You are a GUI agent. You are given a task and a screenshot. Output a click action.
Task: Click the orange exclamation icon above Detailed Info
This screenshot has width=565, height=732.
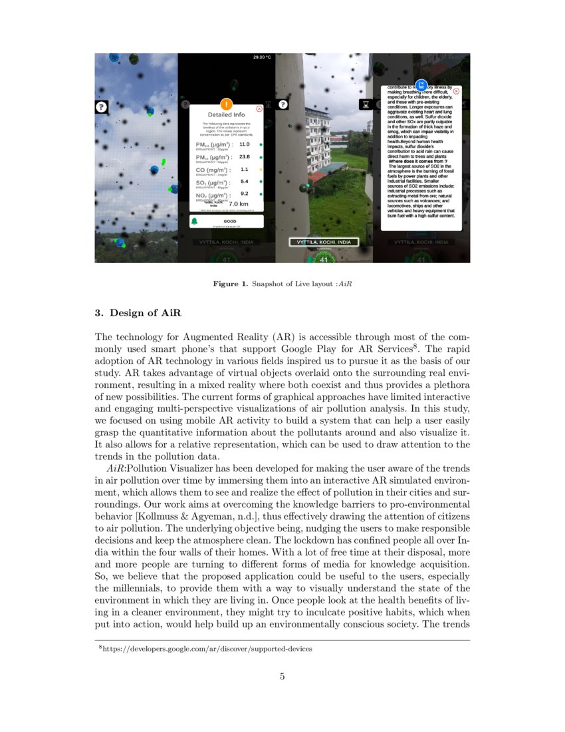pyautogui.click(x=226, y=103)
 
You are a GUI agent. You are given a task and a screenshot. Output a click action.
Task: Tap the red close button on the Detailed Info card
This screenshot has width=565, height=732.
pyautogui.click(x=259, y=108)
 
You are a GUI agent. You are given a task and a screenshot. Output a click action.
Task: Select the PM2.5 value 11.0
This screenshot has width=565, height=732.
pyautogui.click(x=244, y=144)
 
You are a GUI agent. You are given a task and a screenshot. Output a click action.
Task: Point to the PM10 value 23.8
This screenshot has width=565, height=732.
pyautogui.click(x=244, y=157)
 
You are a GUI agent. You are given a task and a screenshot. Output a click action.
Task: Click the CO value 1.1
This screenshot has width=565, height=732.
pyautogui.click(x=244, y=170)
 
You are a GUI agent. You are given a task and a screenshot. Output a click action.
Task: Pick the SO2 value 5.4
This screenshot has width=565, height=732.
pyautogui.click(x=244, y=182)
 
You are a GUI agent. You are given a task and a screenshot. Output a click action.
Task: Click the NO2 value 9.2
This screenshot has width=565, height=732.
pyautogui.click(x=244, y=194)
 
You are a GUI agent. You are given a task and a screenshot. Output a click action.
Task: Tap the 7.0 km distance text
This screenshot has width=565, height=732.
pyautogui.click(x=238, y=204)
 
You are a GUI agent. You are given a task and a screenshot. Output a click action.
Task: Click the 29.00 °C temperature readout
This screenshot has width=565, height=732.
pyautogui.click(x=262, y=57)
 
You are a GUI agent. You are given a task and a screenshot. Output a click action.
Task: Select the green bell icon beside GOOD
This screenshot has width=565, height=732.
pyautogui.click(x=195, y=221)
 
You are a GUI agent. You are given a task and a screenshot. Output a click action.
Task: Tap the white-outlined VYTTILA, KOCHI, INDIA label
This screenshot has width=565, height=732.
pyautogui.click(x=324, y=242)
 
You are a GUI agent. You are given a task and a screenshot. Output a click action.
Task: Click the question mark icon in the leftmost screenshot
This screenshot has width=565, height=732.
pyautogui.click(x=101, y=106)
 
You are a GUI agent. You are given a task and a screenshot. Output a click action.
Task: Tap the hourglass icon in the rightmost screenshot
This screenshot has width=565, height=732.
pyautogui.click(x=365, y=104)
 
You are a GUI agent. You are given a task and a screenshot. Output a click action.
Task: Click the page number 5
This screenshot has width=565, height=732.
pyautogui.click(x=282, y=677)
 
